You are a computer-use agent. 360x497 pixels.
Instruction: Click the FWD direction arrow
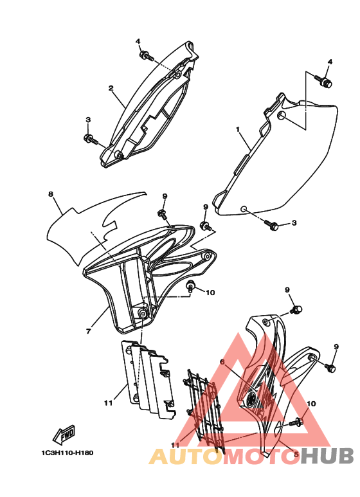(64, 434)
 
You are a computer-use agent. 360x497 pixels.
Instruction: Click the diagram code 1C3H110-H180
(67, 453)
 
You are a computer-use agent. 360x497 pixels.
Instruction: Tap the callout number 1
(238, 129)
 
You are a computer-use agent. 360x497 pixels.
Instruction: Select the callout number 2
(111, 88)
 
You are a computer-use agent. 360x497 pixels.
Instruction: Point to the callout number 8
(51, 194)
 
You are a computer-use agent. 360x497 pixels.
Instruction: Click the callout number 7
(88, 331)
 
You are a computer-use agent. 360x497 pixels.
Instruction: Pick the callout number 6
(223, 361)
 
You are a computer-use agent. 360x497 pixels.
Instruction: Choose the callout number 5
(296, 454)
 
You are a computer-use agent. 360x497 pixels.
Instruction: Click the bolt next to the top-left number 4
(146, 56)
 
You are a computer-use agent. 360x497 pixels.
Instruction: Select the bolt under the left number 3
(91, 140)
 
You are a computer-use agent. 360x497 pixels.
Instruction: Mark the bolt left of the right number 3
(271, 225)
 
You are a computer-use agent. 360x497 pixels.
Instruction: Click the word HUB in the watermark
(327, 456)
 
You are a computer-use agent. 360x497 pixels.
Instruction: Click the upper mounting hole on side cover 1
(281, 115)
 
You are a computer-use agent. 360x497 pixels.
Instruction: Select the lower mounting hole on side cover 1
(243, 209)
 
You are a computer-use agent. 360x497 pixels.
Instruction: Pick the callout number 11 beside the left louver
(109, 403)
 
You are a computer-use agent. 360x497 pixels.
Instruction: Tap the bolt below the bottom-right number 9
(330, 367)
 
